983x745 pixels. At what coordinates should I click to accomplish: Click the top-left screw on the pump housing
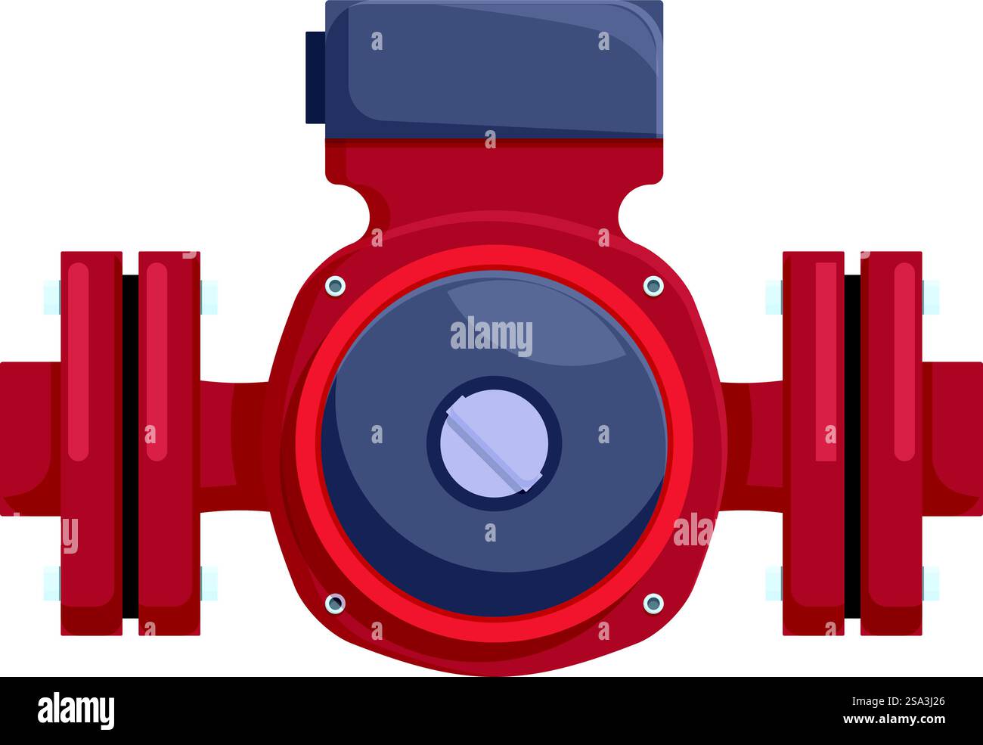coord(334,286)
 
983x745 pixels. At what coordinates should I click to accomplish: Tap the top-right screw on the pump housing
coord(653,286)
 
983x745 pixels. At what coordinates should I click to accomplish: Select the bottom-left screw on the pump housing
coord(334,603)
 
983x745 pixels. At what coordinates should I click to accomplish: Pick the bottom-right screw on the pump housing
coord(653,603)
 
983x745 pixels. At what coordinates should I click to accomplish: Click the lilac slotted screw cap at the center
coord(495,443)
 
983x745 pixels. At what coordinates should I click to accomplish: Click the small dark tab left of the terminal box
coord(315,77)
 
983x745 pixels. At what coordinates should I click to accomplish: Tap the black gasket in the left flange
coord(130,445)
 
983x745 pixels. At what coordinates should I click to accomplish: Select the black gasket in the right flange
coord(852,445)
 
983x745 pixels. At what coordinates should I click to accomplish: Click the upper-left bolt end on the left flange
coord(51,296)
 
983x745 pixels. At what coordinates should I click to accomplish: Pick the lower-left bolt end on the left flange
coord(51,582)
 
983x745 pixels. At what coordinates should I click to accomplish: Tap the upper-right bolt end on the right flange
coord(931,296)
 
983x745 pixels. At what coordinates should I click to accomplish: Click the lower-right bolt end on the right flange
coord(931,582)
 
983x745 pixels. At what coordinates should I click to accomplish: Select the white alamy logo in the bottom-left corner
coord(76,711)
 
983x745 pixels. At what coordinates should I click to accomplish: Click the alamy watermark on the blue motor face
coord(491,337)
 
